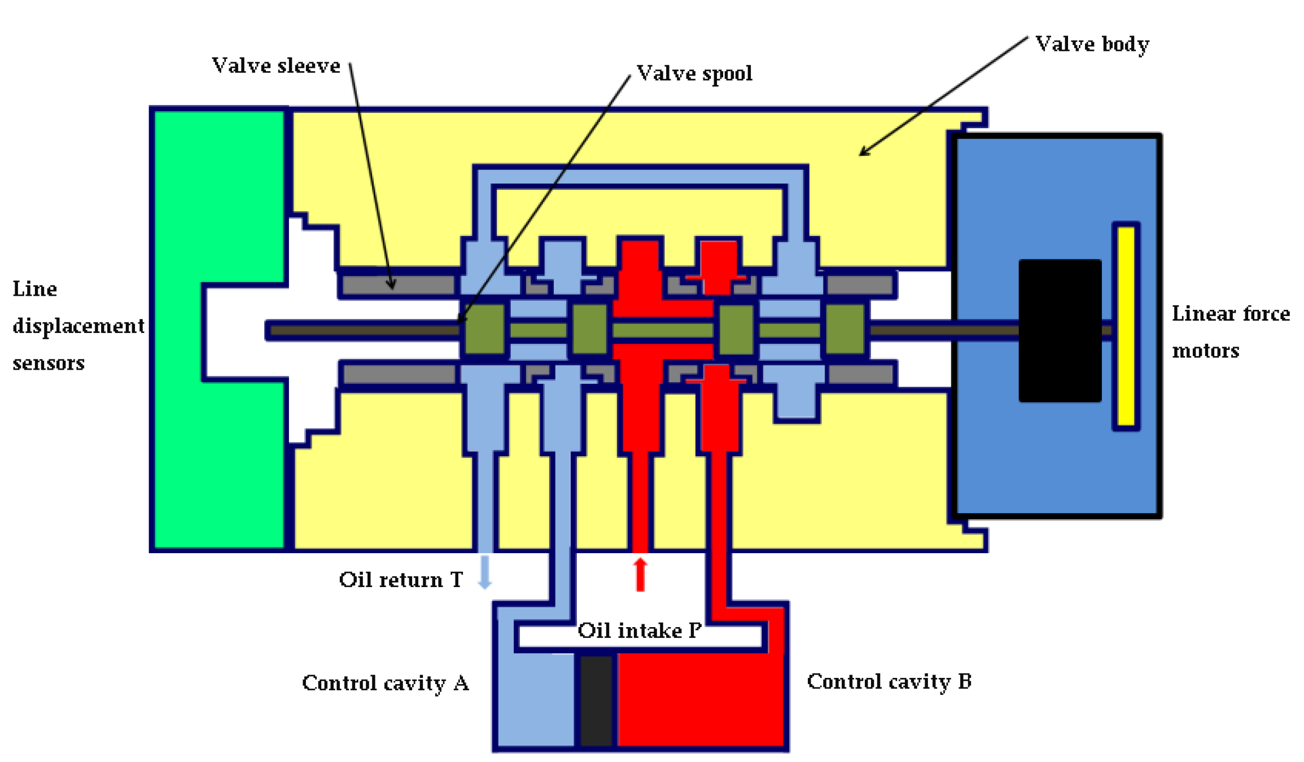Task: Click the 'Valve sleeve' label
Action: click(x=275, y=66)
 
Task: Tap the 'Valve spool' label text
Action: click(x=694, y=73)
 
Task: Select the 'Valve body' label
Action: click(x=1092, y=44)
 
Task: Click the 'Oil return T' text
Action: click(x=400, y=580)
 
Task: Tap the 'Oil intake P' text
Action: click(x=639, y=630)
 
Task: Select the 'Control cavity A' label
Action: click(x=386, y=683)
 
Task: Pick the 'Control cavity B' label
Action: click(x=889, y=681)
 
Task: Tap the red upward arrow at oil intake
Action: click(x=640, y=574)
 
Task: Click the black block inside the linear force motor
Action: click(x=1060, y=331)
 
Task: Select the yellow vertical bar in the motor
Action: click(x=1126, y=326)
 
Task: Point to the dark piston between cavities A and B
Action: click(x=596, y=700)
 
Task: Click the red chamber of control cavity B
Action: click(x=700, y=700)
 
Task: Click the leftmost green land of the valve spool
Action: click(x=484, y=330)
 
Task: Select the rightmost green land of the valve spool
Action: click(x=845, y=330)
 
